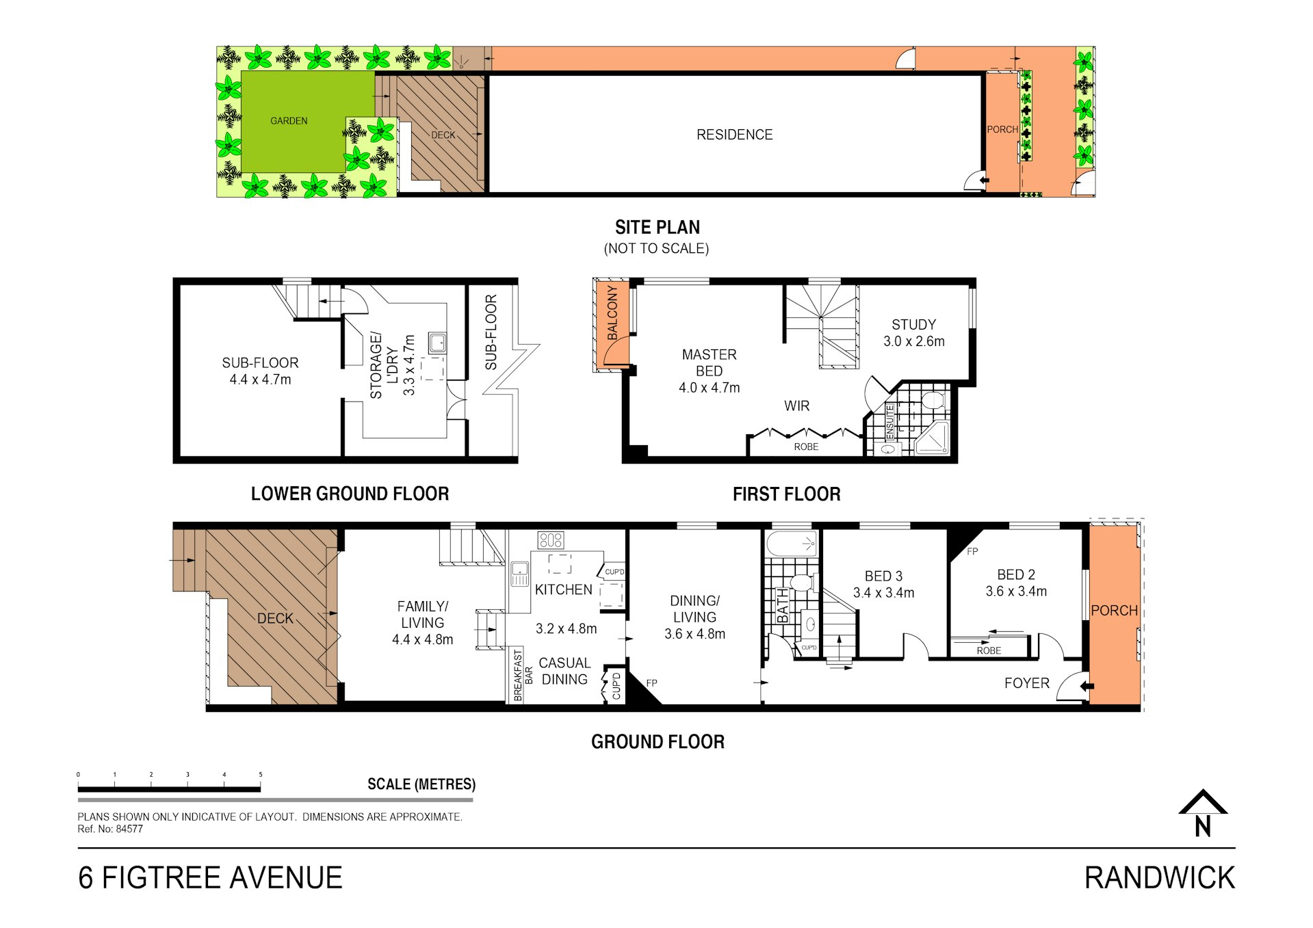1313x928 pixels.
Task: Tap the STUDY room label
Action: [x=913, y=325]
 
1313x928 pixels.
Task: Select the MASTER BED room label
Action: [x=709, y=363]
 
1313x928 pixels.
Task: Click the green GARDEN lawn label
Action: [x=289, y=121]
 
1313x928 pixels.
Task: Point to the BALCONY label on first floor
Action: [x=612, y=313]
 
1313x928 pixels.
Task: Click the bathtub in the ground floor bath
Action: [x=792, y=544]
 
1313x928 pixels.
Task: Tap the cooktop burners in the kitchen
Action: [x=551, y=540]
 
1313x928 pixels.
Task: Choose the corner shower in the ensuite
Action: [x=932, y=438]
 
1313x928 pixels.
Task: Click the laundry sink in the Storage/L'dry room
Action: [x=437, y=343]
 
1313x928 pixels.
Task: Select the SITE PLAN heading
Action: [x=658, y=228]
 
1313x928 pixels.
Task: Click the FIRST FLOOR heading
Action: [x=787, y=494]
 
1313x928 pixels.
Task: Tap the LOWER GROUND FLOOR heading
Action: [x=350, y=494]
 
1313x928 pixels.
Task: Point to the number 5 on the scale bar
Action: [x=261, y=775]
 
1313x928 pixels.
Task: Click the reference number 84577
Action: [x=129, y=829]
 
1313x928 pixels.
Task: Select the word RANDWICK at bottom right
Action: [x=1160, y=878]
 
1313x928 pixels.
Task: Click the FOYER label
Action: [x=1026, y=683]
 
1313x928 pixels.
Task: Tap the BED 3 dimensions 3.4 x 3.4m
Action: [x=883, y=593]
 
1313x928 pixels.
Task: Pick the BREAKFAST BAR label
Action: [x=523, y=676]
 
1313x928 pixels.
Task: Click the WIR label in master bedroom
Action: [x=796, y=406]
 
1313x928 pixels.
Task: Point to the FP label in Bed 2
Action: [x=972, y=551]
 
